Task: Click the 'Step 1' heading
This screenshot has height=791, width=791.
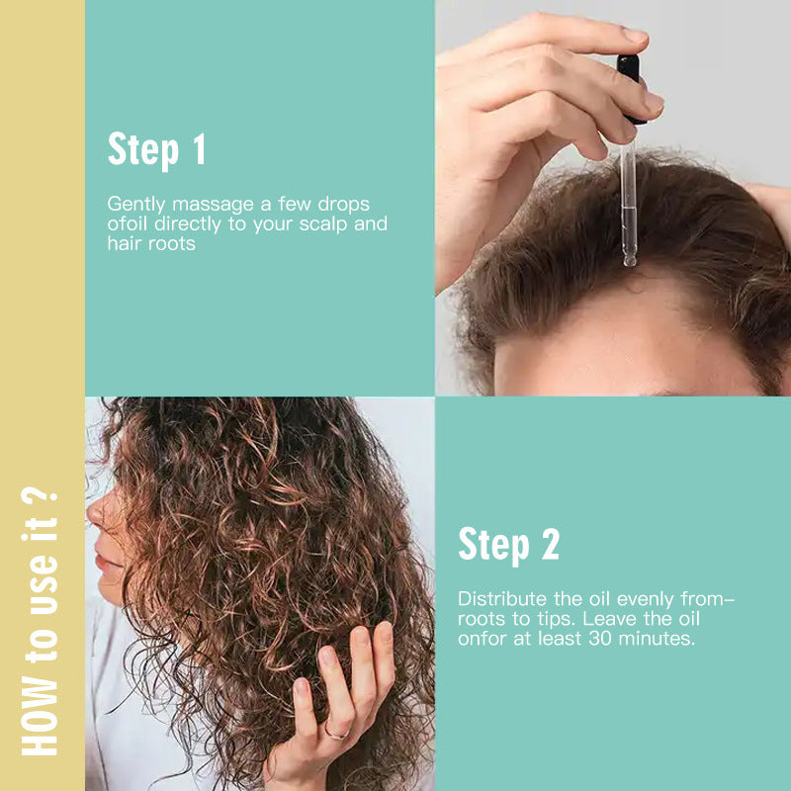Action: pyautogui.click(x=156, y=149)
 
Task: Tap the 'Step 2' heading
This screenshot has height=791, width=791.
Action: pyautogui.click(x=508, y=545)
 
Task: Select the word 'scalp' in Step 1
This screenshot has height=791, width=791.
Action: pyautogui.click(x=322, y=223)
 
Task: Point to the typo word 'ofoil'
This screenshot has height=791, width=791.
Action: pyautogui.click(x=126, y=223)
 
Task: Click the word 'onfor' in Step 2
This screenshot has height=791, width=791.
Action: pyautogui.click(x=480, y=639)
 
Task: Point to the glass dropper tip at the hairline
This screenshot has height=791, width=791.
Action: pyautogui.click(x=628, y=259)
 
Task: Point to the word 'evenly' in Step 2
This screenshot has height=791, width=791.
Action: pyautogui.click(x=635, y=599)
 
